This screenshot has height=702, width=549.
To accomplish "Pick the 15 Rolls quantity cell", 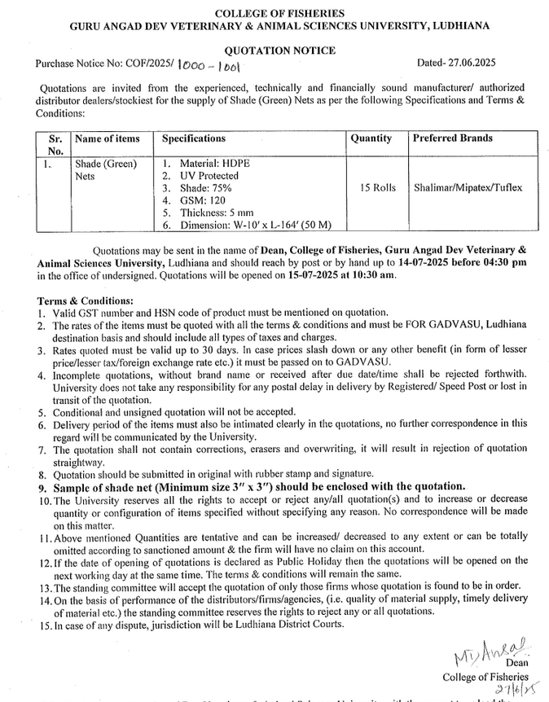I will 377,187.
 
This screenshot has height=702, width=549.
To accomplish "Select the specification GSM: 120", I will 200,200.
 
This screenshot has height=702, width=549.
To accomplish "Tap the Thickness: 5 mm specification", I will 213,212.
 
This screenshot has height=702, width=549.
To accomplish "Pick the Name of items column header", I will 106,139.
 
